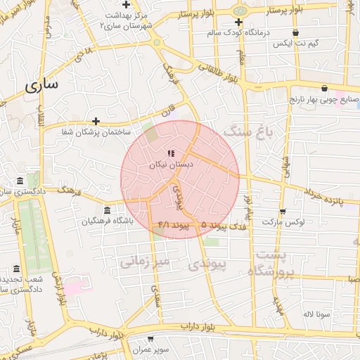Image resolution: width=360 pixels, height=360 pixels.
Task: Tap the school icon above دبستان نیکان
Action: click(x=171, y=153)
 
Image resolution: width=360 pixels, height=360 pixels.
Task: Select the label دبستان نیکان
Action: click(x=171, y=164)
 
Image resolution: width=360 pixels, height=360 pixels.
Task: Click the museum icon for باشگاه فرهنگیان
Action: click(x=107, y=211)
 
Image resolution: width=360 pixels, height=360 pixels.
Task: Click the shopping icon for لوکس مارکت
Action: click(x=283, y=211)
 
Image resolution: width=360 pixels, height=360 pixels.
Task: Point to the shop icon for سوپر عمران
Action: click(x=150, y=339)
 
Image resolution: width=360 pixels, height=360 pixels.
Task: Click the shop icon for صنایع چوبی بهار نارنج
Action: click(x=324, y=89)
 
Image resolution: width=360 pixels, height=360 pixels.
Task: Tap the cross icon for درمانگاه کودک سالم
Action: click(x=239, y=22)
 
